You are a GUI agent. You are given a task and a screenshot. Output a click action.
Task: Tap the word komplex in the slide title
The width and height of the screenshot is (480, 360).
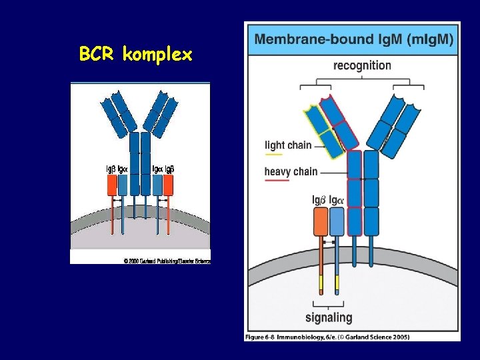(x=158, y=55)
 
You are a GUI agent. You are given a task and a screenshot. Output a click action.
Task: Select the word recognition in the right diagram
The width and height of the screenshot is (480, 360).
(x=362, y=65)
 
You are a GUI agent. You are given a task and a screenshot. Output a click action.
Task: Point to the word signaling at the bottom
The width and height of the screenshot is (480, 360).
(x=329, y=317)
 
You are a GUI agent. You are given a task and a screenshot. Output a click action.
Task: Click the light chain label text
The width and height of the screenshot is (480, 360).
(x=288, y=145)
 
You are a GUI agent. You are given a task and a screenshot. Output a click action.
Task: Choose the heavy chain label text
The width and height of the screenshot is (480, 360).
(x=291, y=172)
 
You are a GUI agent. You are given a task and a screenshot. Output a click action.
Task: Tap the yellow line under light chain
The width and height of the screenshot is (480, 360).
(x=273, y=155)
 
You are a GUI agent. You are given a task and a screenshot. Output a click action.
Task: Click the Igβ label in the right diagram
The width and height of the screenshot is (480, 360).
(x=319, y=199)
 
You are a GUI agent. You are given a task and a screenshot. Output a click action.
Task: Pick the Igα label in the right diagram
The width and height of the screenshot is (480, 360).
(x=337, y=199)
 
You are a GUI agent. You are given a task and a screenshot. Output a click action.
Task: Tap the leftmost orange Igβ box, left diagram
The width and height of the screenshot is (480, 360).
(x=111, y=185)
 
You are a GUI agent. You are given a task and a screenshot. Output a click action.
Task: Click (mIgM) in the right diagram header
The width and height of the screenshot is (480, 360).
(x=427, y=40)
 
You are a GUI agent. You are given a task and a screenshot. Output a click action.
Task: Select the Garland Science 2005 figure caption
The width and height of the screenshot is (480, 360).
(x=327, y=337)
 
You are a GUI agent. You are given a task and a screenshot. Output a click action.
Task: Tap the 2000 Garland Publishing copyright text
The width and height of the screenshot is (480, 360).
(x=167, y=261)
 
